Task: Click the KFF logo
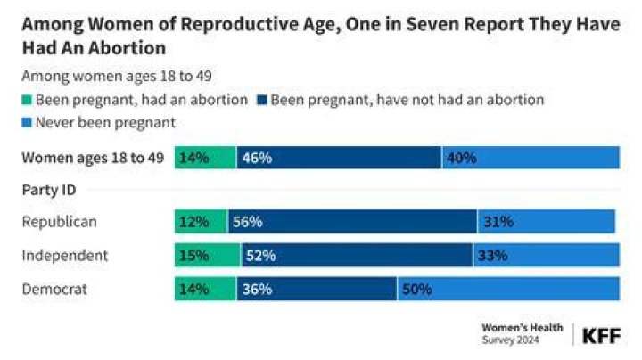601,336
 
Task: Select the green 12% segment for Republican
201,221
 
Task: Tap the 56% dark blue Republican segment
352,221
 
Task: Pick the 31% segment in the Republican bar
547,221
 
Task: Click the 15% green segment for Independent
208,255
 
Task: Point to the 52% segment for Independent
357,255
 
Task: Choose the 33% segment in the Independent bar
547,255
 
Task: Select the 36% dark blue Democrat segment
317,289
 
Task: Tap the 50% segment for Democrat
508,289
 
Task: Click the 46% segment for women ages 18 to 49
339,158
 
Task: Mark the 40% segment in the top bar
531,158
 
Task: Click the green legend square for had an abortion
27,100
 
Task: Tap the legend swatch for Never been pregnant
27,122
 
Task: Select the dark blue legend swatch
262,100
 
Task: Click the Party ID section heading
49,190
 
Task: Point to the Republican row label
60,222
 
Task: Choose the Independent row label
65,255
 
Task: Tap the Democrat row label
54,290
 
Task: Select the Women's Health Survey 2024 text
523,334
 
